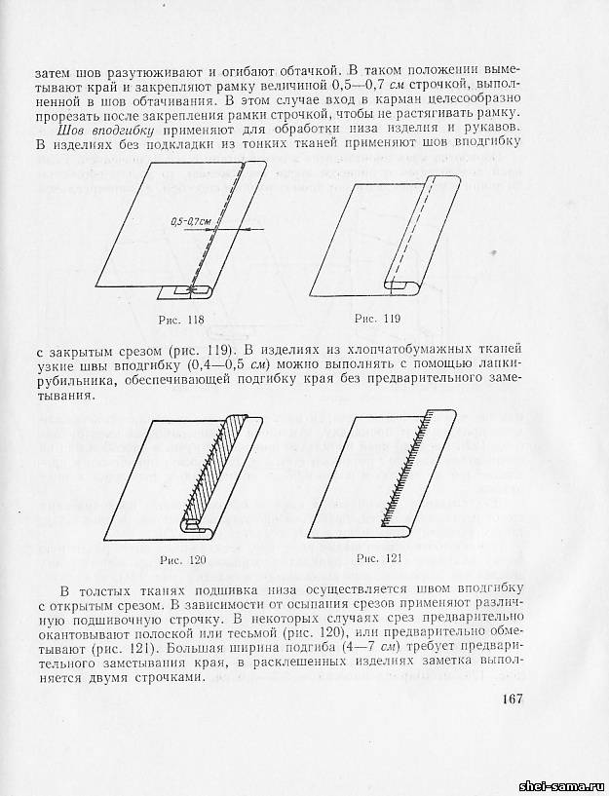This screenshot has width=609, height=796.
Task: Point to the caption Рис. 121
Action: (379, 557)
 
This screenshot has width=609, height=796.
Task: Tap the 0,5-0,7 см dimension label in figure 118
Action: (191, 222)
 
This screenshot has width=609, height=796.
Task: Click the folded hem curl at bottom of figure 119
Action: (399, 284)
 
